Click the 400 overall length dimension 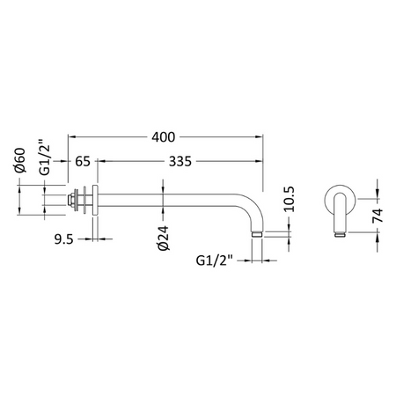(164, 137)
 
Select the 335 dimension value (180, 161)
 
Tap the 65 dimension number (83, 161)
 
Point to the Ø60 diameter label (20, 160)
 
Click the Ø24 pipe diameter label (164, 238)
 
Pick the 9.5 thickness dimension (63, 239)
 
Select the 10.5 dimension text (289, 199)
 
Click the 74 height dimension (378, 216)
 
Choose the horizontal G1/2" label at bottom (214, 260)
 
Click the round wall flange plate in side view (95, 200)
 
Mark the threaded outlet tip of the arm (257, 234)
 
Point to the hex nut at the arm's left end (70, 200)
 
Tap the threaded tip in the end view (341, 234)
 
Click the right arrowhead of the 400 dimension (260, 136)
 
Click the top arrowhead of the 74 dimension (378, 194)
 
